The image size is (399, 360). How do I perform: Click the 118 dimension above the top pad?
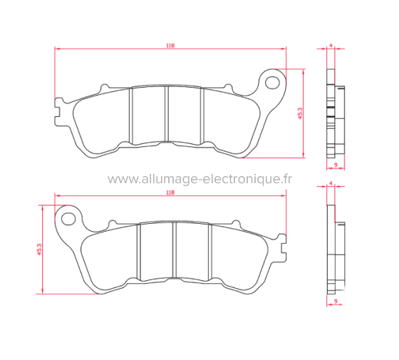(170, 45)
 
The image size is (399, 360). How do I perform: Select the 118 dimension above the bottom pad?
(170, 192)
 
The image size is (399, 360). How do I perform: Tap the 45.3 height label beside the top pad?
(301, 114)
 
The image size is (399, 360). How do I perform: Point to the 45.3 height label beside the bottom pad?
(38, 250)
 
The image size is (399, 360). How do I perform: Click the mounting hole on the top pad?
(272, 81)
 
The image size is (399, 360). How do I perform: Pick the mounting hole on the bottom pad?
(69, 216)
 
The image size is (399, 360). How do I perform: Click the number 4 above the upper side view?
(331, 45)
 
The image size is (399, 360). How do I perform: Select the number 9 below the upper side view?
(334, 165)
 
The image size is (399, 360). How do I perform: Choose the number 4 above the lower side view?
(331, 184)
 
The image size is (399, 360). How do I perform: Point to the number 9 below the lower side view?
(334, 302)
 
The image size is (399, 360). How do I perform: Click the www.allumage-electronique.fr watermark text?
(199, 179)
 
